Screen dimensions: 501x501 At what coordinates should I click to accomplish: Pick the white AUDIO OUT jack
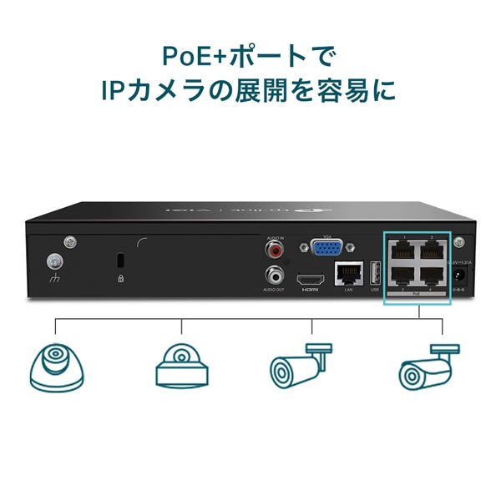coord(275,274)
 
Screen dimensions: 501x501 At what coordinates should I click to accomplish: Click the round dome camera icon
coord(57,367)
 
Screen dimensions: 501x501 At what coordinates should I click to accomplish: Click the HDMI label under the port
coord(310,289)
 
